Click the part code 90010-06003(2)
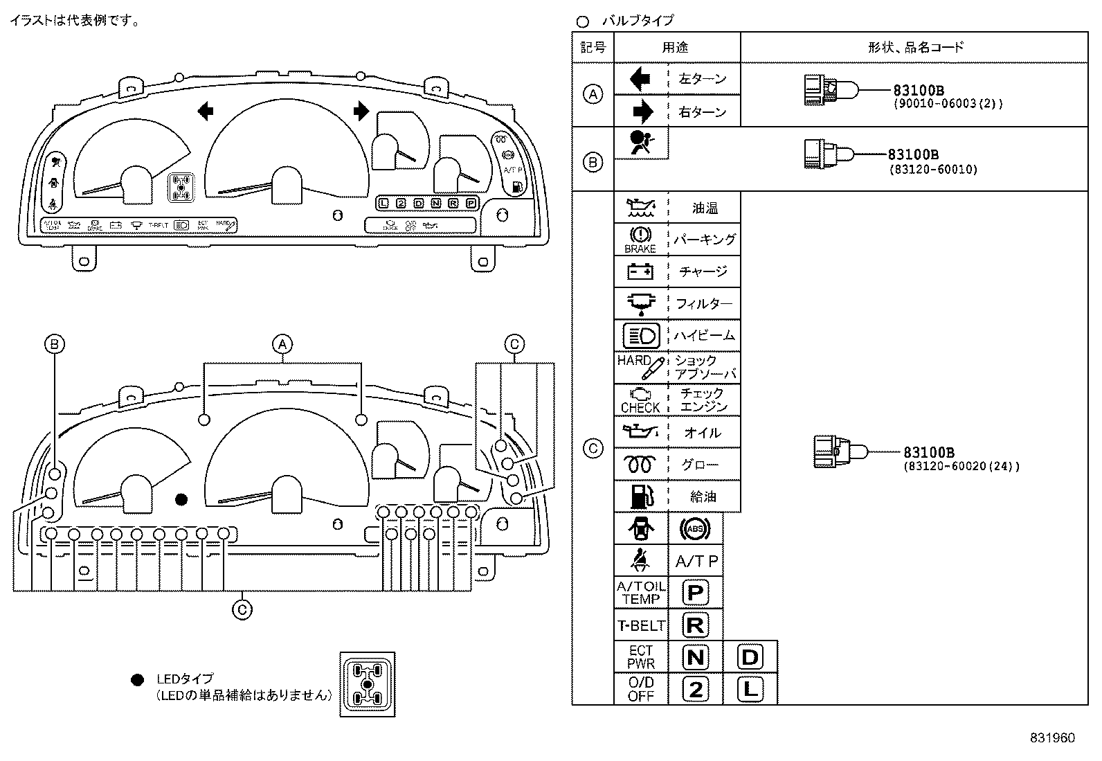tap(946, 104)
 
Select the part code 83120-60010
tap(933, 169)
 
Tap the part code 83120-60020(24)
tap(961, 466)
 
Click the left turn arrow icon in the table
tap(640, 79)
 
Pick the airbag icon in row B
tap(640, 143)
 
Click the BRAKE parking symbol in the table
tap(640, 240)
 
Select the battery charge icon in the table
tap(640, 271)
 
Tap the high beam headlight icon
tap(641, 336)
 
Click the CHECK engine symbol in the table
tap(640, 400)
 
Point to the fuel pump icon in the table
tap(640, 496)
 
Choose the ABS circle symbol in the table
tap(695, 529)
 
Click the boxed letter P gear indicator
tap(695, 593)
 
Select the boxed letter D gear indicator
tap(750, 656)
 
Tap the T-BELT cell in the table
tap(640, 625)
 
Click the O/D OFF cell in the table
tap(640, 689)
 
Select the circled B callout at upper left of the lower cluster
tap(55, 344)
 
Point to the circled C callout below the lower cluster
tap(242, 609)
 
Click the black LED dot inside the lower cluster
tap(181, 499)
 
